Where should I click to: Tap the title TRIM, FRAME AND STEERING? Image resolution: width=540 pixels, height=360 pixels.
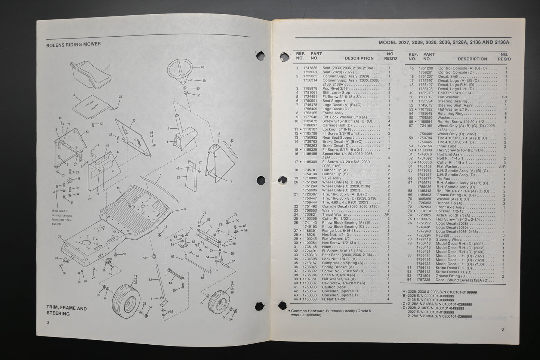pyautogui.click(x=66, y=311)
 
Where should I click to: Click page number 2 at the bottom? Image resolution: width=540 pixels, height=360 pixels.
pyautogui.click(x=48, y=323)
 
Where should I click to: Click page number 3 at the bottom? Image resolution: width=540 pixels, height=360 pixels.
pyautogui.click(x=503, y=329)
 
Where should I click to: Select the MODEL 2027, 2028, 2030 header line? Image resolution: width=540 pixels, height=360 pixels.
pyautogui.click(x=444, y=42)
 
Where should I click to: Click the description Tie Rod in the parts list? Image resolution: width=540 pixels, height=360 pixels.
pyautogui.click(x=444, y=179)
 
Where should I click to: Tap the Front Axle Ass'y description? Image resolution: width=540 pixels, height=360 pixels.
pyautogui.click(x=451, y=206)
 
